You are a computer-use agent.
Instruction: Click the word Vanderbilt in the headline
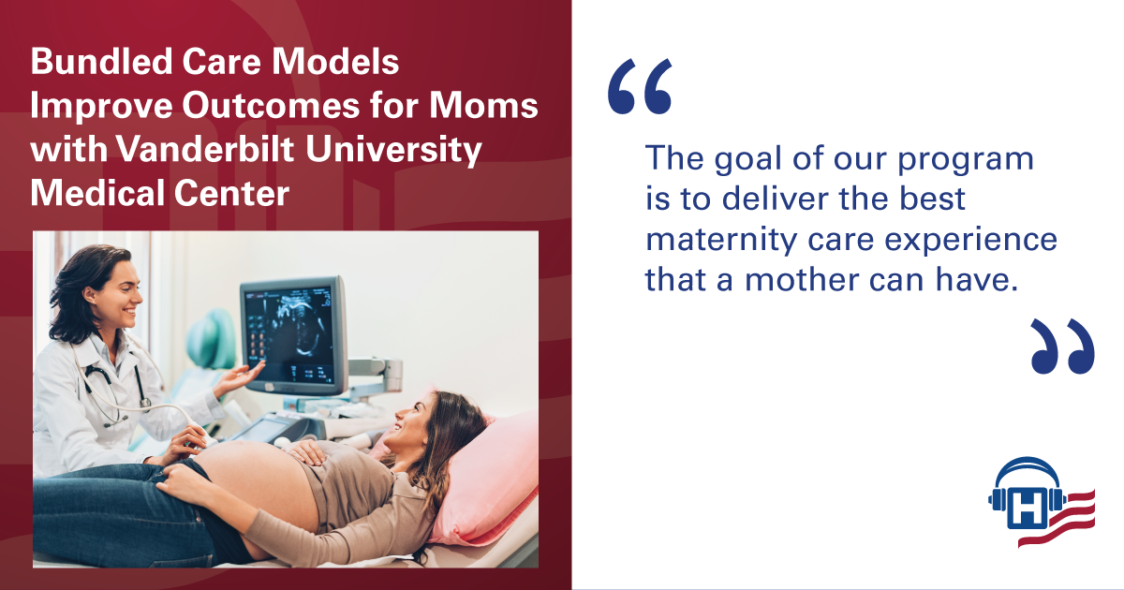coord(205,149)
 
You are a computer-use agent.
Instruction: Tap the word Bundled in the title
coord(101,61)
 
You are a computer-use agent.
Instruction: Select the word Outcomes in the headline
coord(271,105)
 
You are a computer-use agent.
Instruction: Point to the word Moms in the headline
coord(483,105)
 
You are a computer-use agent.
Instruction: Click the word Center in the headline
coord(232,193)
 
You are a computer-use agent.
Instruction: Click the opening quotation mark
coord(640,86)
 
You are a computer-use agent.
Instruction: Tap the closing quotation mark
coord(1063,347)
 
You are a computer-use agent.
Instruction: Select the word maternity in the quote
coord(721,241)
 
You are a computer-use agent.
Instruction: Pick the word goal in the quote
coord(748,160)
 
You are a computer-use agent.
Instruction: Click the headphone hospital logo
coord(1042,502)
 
